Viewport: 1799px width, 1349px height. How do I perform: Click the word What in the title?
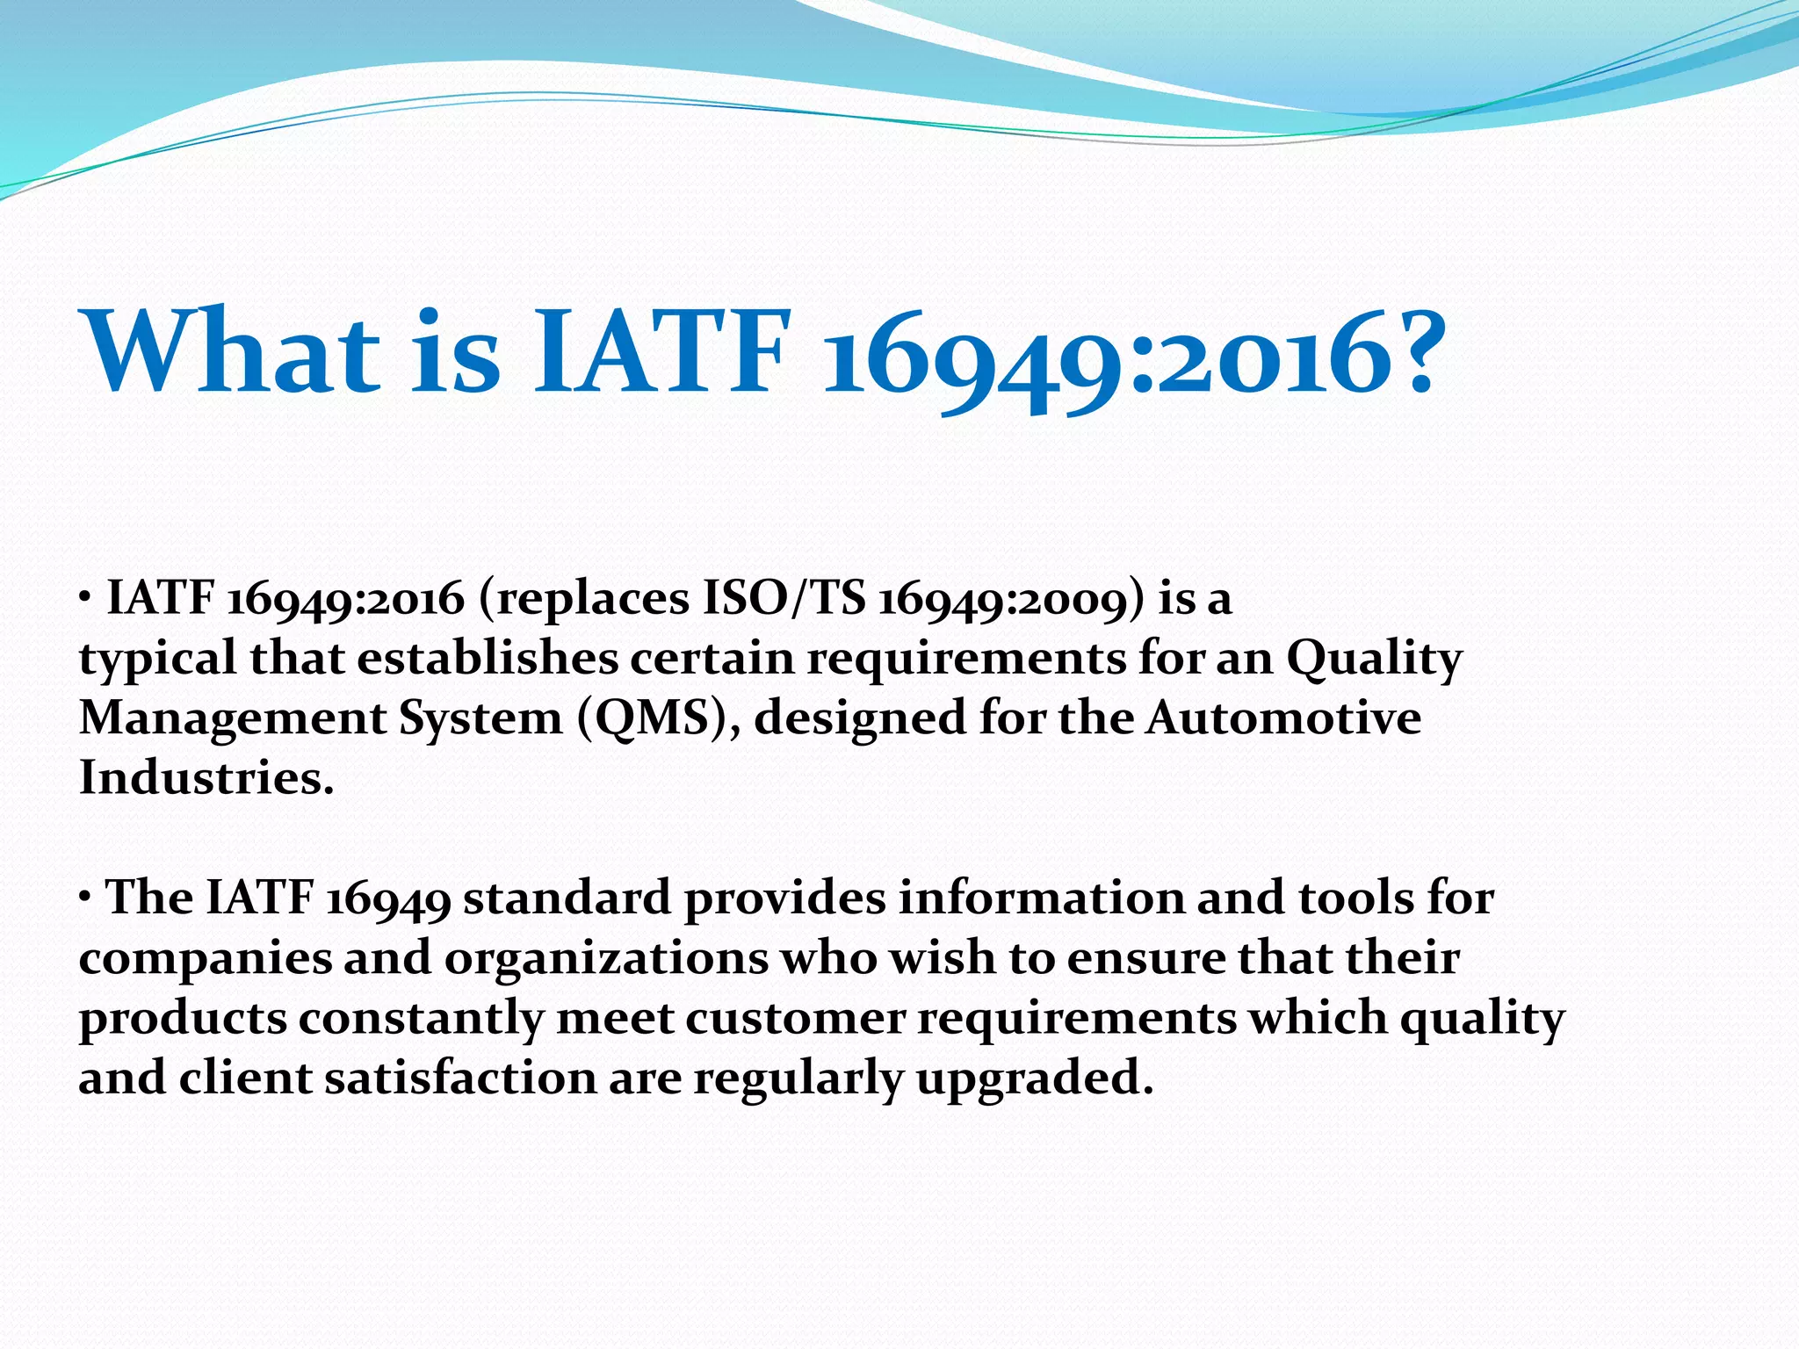pyautogui.click(x=230, y=351)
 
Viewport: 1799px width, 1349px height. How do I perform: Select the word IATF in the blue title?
pyautogui.click(x=659, y=351)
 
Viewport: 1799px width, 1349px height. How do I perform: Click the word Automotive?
pyautogui.click(x=1283, y=718)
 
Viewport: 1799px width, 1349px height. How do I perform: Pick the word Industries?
pyautogui.click(x=206, y=778)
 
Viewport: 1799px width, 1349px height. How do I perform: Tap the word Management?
pyautogui.click(x=233, y=719)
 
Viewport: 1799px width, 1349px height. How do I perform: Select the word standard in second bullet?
pyautogui.click(x=567, y=898)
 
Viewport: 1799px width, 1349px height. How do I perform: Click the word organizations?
pyautogui.click(x=606, y=959)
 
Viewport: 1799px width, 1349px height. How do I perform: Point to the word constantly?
pyautogui.click(x=421, y=1019)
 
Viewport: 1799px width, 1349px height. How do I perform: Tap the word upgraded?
pyautogui.click(x=1033, y=1079)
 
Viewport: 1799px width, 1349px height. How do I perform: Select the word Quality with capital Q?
pyautogui.click(x=1374, y=660)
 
